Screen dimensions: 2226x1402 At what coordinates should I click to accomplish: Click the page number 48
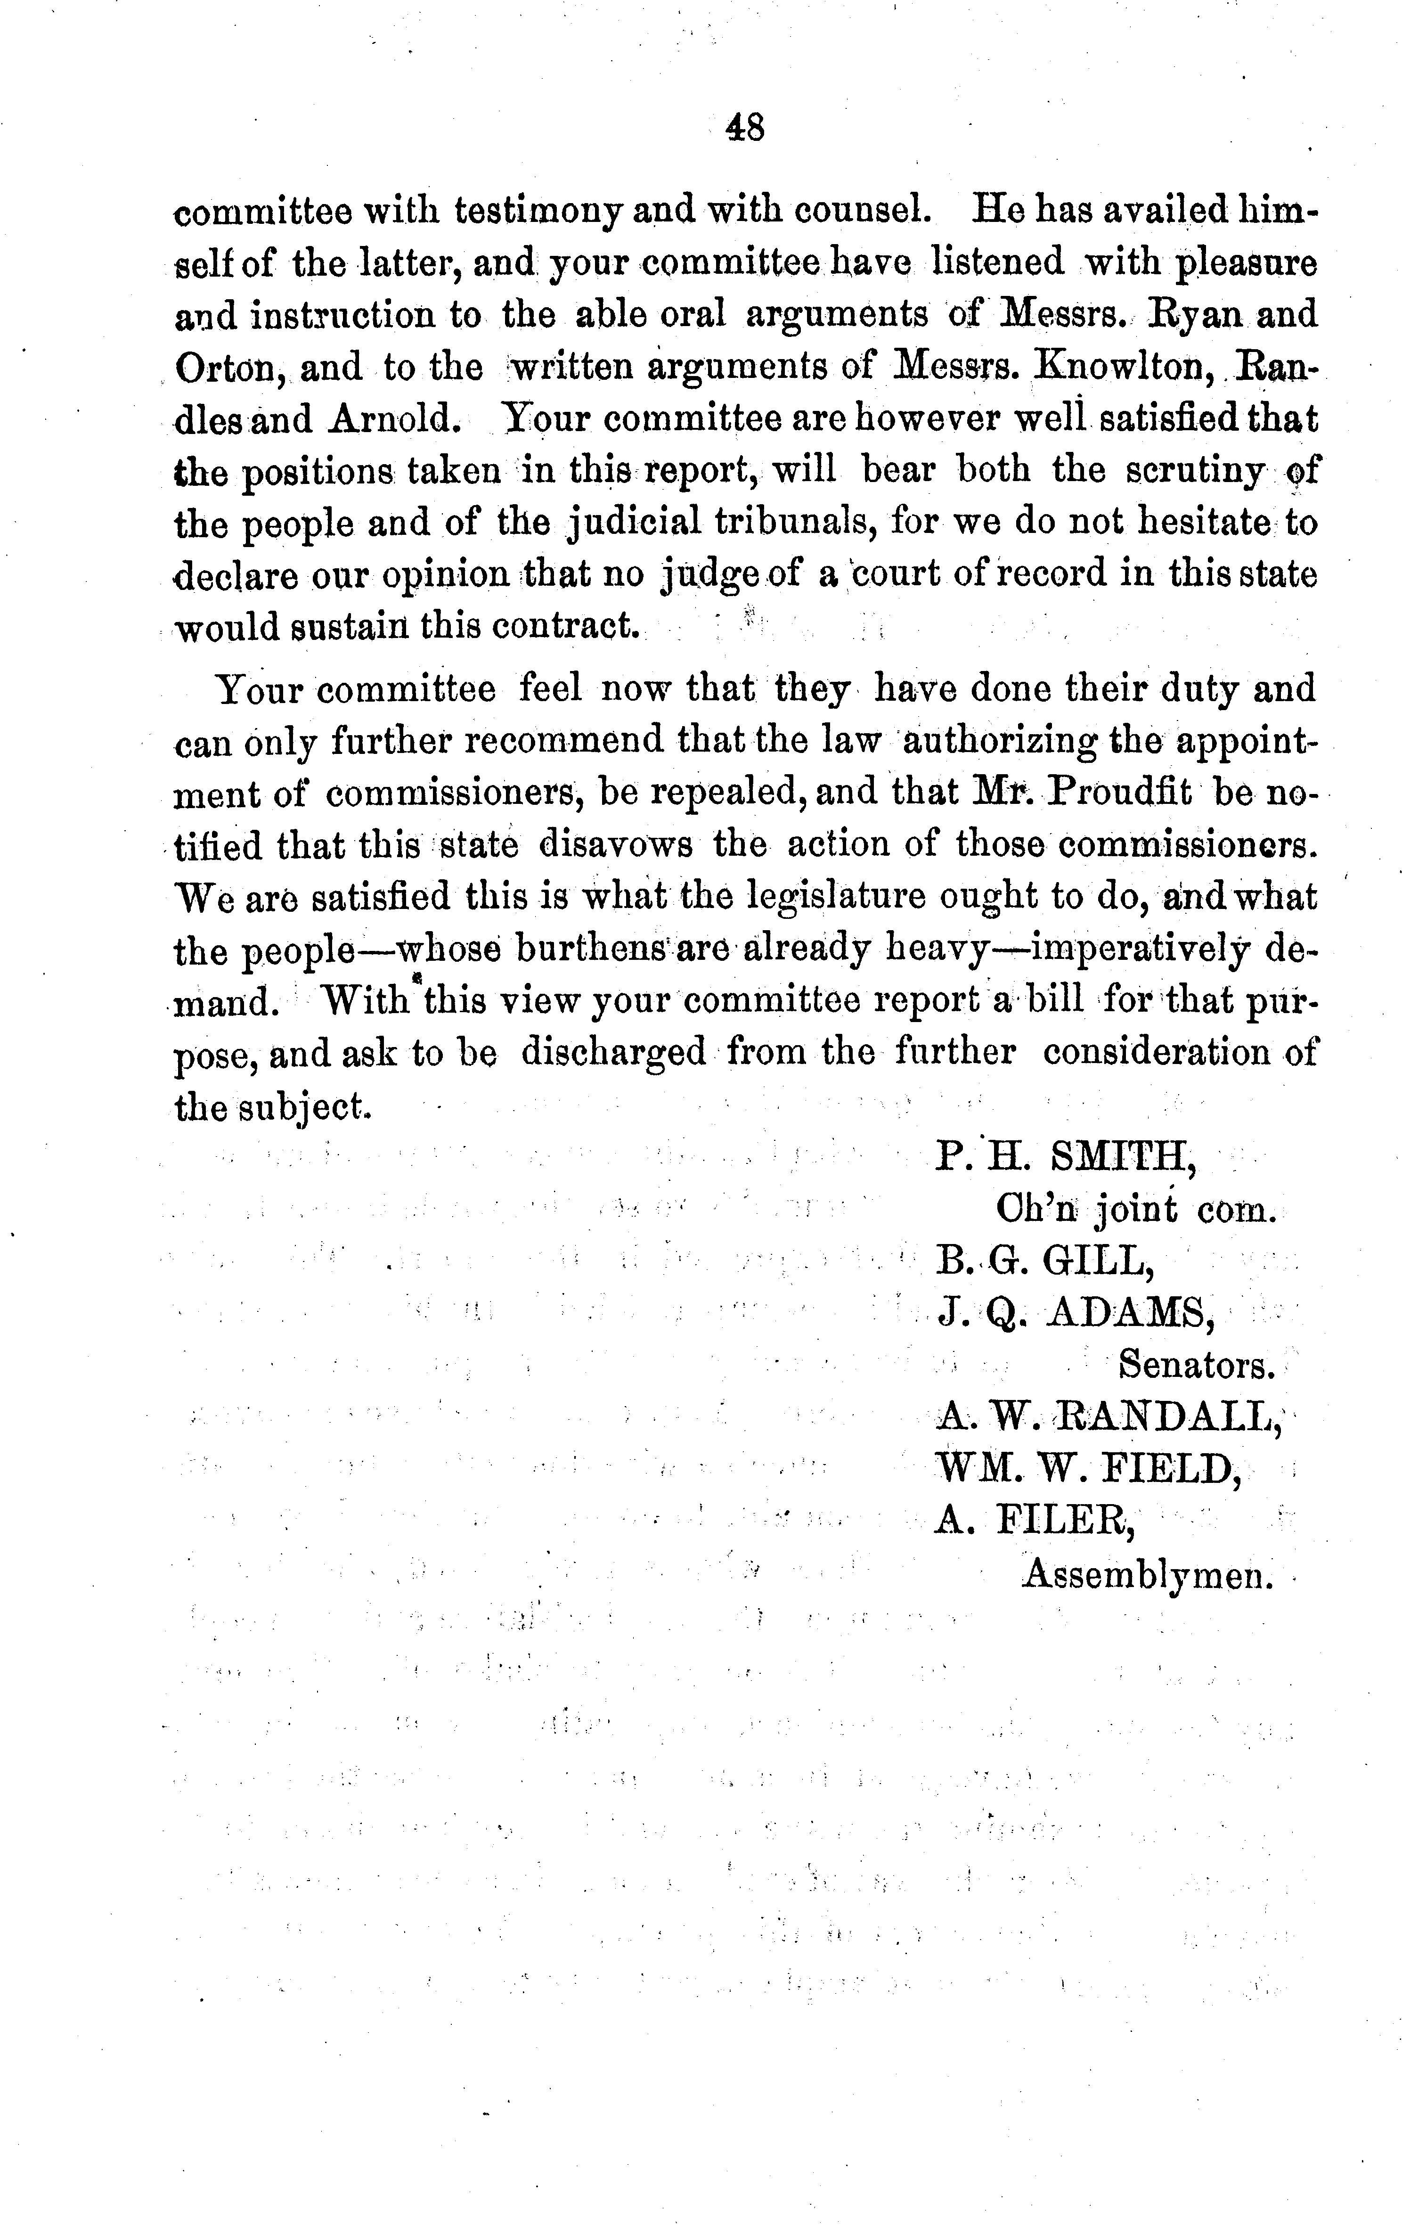coord(745,127)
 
